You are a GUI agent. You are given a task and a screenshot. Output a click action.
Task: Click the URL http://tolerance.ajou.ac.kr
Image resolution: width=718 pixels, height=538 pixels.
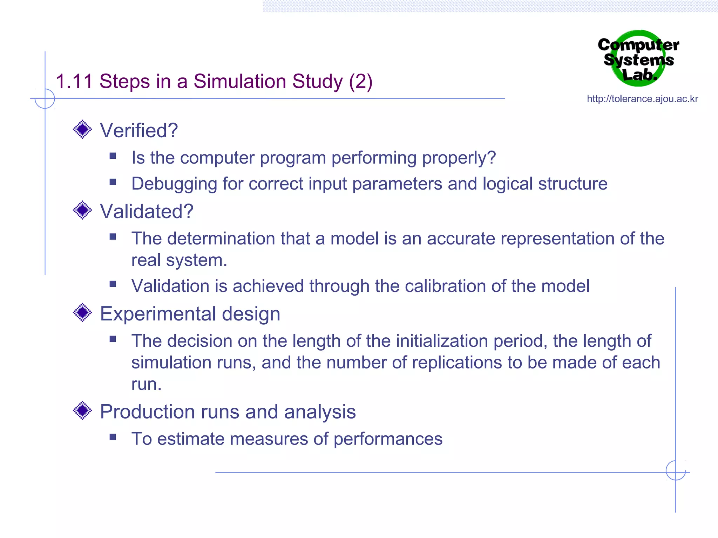coord(642,99)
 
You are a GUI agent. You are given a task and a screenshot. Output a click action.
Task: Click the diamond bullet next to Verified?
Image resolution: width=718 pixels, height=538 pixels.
coord(82,130)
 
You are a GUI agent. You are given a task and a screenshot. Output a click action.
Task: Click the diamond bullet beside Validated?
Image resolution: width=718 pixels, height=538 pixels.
coord(82,210)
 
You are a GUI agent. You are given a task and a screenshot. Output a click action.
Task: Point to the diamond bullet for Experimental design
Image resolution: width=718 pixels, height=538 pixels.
coord(82,312)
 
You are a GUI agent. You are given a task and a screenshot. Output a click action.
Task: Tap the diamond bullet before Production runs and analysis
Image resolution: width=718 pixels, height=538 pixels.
coord(82,411)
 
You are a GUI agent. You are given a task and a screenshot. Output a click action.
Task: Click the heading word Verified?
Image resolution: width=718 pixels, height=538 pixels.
coord(139,131)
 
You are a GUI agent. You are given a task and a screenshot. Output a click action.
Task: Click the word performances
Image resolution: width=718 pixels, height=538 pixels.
coord(388,439)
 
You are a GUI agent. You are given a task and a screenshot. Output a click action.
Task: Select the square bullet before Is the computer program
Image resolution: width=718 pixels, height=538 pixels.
coord(113,156)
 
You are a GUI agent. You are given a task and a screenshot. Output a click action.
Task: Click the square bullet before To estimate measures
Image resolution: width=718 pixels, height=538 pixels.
coord(113,437)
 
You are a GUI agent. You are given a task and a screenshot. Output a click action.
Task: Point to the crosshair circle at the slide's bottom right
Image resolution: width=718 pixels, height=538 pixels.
coord(676,470)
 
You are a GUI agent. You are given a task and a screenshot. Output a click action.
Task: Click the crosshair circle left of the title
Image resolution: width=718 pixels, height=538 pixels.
coord(45,98)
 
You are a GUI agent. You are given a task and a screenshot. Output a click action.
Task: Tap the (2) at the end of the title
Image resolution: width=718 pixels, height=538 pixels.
coord(360,82)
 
